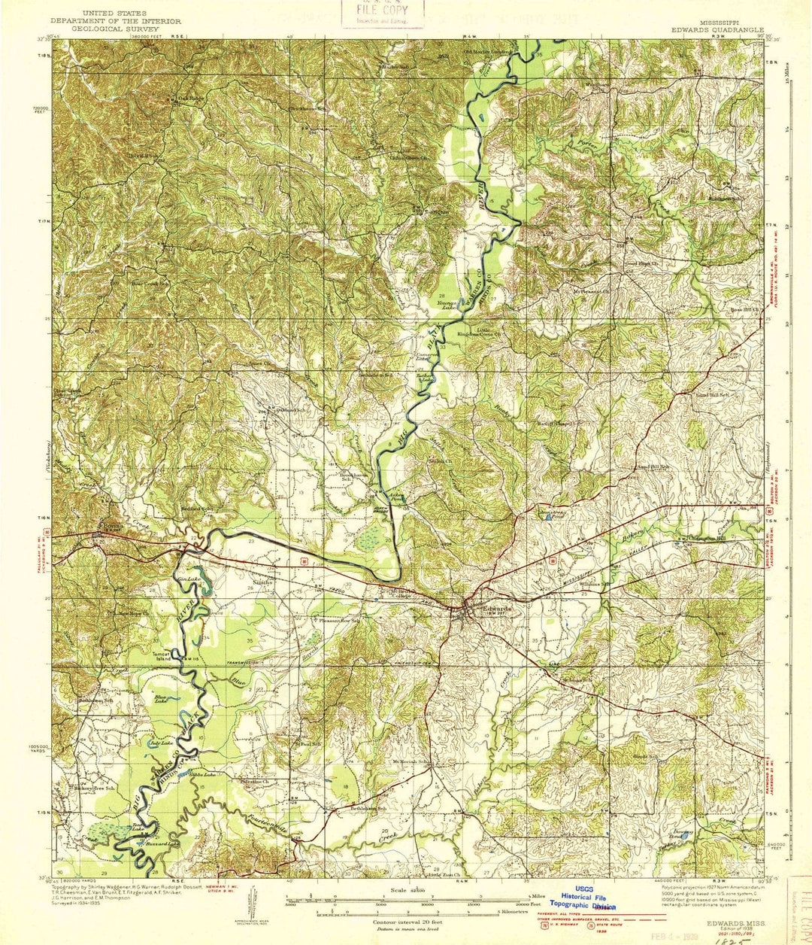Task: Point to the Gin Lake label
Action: [x=184, y=579]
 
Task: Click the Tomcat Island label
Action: [x=163, y=655]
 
